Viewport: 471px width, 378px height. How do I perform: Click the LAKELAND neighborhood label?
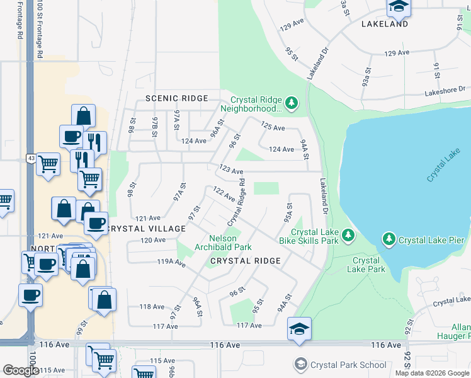point(385,24)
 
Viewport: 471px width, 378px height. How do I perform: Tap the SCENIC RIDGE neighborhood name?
point(176,98)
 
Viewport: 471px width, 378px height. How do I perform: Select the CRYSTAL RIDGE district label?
point(245,260)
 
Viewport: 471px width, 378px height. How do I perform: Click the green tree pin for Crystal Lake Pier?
point(389,239)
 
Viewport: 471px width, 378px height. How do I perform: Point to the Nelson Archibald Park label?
point(230,242)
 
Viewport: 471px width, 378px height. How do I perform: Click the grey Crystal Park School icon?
point(300,364)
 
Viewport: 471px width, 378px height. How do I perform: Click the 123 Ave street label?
point(231,170)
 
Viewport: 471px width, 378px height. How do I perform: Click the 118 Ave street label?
point(152,307)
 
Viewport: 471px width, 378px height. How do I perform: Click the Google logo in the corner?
point(21,370)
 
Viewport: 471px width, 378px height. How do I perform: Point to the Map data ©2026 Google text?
point(431,373)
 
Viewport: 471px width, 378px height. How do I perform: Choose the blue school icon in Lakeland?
point(399,6)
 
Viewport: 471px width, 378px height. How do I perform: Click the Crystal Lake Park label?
point(366,265)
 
